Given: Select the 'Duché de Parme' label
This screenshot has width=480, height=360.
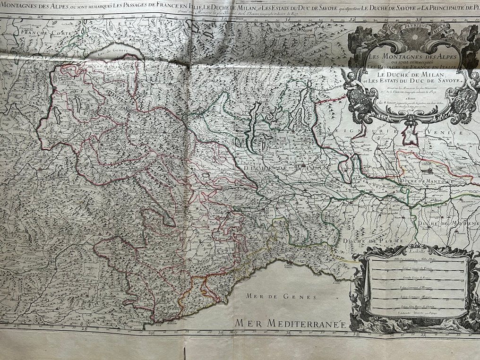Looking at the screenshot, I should (x=373, y=241).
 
